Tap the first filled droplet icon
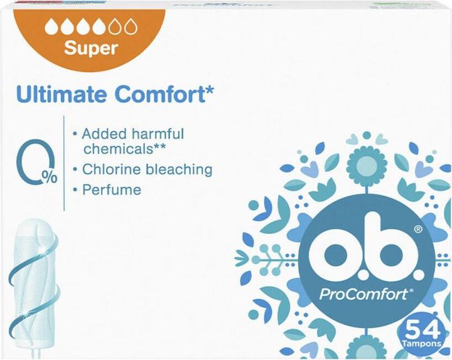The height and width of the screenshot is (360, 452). (x=50, y=27)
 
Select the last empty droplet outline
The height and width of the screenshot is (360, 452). (x=131, y=27)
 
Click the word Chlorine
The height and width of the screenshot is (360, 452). (x=110, y=169)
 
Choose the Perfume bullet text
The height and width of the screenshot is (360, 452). (x=111, y=189)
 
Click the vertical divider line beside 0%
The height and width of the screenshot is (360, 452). (x=64, y=163)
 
